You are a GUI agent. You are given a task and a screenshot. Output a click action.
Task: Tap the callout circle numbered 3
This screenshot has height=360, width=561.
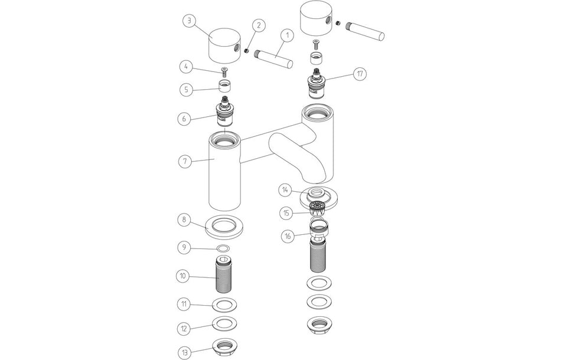pyautogui.click(x=188, y=21)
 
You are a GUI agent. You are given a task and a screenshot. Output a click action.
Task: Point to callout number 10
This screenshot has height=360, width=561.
pyautogui.click(x=185, y=275)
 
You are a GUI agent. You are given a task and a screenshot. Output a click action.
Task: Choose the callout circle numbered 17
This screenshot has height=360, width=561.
pyautogui.click(x=359, y=74)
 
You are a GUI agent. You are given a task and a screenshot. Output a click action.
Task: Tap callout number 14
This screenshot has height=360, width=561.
pyautogui.click(x=285, y=190)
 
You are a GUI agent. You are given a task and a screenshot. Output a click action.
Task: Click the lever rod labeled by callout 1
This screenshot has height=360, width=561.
pyautogui.click(x=273, y=59)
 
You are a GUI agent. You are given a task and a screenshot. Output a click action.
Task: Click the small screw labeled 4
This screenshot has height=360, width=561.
pyautogui.click(x=224, y=72)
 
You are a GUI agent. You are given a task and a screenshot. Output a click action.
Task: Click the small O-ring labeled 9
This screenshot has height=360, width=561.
pyautogui.click(x=223, y=248)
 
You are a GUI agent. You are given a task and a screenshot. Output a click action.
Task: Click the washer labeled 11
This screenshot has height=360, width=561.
pyautogui.click(x=223, y=305)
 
